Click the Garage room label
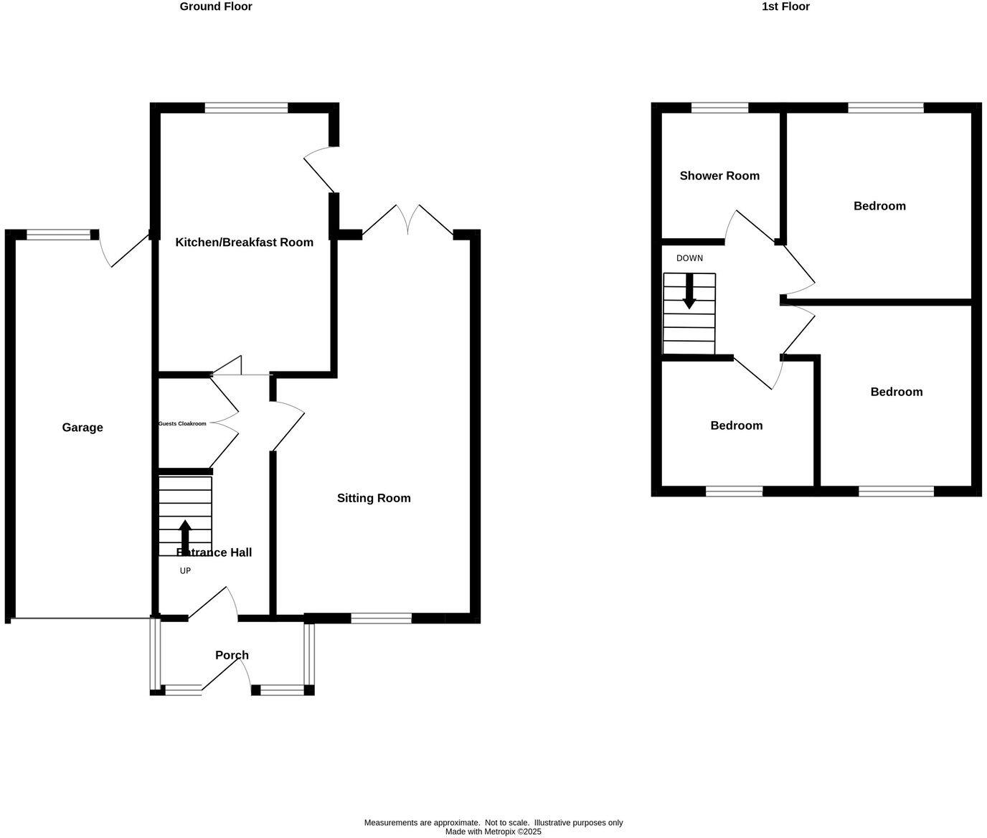[82, 428]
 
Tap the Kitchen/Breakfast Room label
[244, 243]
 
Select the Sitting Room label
[374, 498]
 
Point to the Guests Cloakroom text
[182, 424]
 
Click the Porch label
[232, 655]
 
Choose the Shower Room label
[719, 176]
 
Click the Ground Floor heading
[216, 6]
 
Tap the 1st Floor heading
[785, 6]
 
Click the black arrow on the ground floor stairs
[185, 537]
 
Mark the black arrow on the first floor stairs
[689, 291]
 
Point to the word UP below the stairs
[185, 571]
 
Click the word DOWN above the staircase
[689, 258]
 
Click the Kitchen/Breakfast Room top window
[246, 108]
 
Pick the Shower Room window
[719, 108]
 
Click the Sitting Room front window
[381, 618]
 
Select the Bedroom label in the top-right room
[879, 206]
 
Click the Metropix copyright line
[493, 832]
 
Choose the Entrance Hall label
[214, 552]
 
